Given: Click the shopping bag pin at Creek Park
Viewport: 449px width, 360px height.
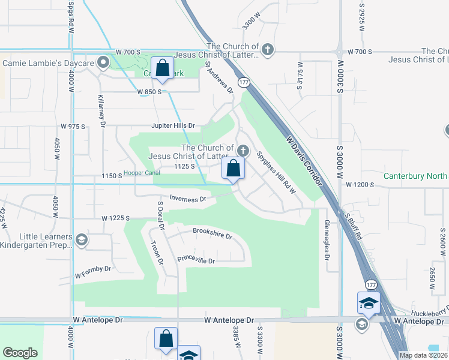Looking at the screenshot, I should (x=163, y=69).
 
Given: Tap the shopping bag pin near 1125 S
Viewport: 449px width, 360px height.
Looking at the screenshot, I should (x=234, y=170).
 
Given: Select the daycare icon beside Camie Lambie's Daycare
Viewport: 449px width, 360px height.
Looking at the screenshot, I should (x=104, y=62).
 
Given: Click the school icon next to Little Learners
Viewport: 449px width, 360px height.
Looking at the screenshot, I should (x=82, y=241).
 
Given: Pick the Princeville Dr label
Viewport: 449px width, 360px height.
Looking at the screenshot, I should (x=196, y=260).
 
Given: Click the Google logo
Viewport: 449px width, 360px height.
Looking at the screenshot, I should (x=20, y=353).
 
